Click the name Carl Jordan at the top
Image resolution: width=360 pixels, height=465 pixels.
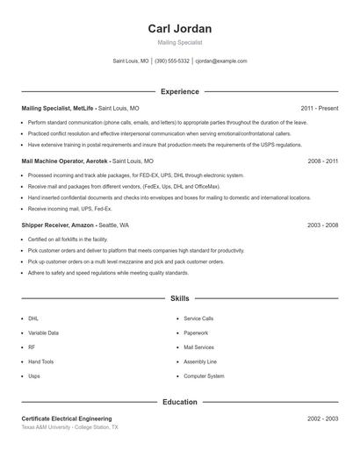pos(179,29)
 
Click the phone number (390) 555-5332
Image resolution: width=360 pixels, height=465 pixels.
pos(172,61)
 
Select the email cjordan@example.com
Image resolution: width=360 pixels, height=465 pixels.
pos(221,61)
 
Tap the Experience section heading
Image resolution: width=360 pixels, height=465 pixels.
pos(179,91)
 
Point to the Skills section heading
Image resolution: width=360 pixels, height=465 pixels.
pos(179,298)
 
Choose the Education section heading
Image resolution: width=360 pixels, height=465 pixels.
pos(179,402)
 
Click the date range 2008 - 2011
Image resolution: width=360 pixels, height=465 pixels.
pos(322,161)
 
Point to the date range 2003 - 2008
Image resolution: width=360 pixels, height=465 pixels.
pos(322,225)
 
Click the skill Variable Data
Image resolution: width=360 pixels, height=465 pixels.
pos(44,333)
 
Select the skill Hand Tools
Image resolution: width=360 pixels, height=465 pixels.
pos(40,361)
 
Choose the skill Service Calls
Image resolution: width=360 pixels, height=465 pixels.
pos(198,318)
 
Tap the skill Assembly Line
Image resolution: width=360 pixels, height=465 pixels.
pos(199,361)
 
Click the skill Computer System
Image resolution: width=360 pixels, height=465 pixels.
pos(203,376)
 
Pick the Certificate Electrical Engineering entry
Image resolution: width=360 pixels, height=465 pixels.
pos(67,418)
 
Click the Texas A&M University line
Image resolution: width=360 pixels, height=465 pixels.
pos(69,427)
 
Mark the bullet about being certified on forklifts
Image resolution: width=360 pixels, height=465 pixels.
pos(68,239)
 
